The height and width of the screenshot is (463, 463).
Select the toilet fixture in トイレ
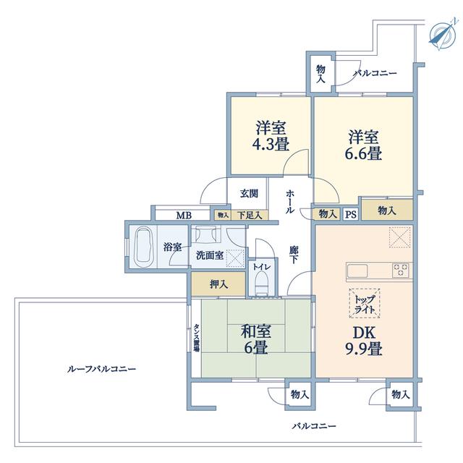261,283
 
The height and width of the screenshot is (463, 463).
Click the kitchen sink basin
357,271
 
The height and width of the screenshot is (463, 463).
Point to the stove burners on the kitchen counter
401,271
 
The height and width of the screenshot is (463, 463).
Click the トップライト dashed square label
365,303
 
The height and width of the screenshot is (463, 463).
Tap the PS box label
351,214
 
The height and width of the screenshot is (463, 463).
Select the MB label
184,216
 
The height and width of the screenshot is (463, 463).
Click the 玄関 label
249,194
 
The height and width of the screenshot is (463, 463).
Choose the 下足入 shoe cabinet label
250,216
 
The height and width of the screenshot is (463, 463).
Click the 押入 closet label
218,284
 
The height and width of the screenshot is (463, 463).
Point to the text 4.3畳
271,145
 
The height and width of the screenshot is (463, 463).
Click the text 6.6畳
363,153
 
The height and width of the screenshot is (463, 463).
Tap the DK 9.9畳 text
364,341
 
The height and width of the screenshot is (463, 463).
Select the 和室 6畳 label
255,339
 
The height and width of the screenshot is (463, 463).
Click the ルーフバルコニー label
101,369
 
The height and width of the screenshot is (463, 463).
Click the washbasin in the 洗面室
206,234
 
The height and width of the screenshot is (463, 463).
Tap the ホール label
290,202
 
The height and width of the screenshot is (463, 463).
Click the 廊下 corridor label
293,255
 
